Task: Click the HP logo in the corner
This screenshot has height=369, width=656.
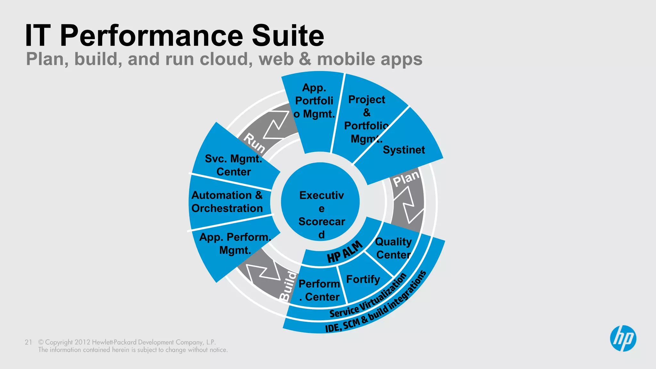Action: pos(623,339)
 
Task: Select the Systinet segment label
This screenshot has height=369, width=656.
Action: pos(404,150)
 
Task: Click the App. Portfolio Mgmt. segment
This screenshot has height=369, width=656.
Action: pos(314,101)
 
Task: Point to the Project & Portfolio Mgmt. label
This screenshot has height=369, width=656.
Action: pos(366,119)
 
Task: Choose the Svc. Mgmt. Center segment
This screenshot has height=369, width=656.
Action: pos(234,165)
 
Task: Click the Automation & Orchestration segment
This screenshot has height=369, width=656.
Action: pos(227,202)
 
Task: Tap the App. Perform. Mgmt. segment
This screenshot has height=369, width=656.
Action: pos(235,243)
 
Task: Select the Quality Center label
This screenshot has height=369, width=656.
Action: pos(393,248)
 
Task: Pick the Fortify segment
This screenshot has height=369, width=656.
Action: pos(363,279)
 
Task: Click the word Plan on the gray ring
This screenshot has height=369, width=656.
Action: pos(406,178)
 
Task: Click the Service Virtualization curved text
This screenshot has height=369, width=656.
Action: pos(368,296)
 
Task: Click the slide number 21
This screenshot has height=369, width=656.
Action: pos(28,342)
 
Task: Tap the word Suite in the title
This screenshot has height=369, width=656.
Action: pos(288,36)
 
